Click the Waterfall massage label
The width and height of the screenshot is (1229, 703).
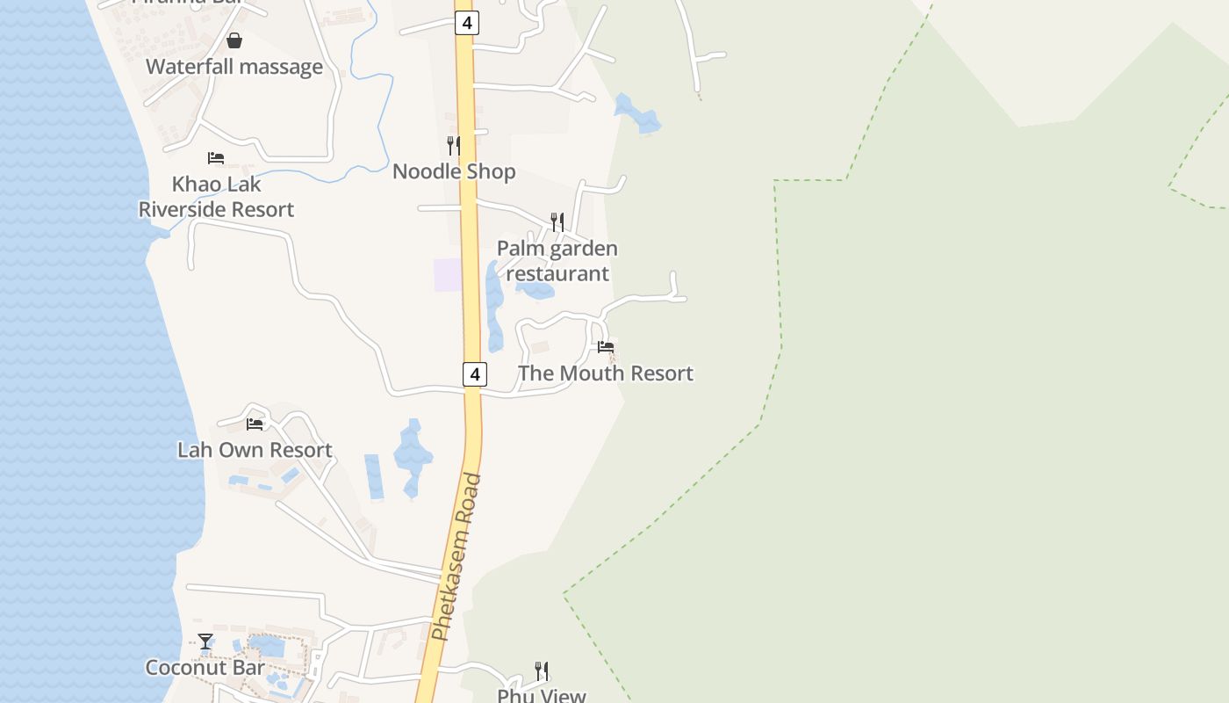click(234, 67)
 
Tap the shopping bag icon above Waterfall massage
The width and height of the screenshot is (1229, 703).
click(234, 40)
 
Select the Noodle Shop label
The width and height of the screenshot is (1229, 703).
click(453, 171)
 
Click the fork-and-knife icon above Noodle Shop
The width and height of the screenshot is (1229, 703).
click(453, 145)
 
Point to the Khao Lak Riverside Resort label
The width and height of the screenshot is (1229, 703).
click(216, 197)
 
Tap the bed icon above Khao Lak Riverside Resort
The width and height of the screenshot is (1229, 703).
click(216, 158)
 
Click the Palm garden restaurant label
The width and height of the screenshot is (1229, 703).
click(557, 261)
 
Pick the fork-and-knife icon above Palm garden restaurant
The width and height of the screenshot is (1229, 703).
click(557, 221)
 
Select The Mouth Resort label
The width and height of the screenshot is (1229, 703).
click(606, 373)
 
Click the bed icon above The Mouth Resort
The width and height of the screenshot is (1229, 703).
click(606, 347)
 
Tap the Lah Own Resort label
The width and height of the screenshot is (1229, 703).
click(255, 450)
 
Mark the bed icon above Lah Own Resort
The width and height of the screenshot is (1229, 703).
click(255, 424)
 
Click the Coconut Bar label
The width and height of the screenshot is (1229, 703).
click(205, 668)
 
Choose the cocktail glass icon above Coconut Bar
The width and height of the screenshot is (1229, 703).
click(205, 641)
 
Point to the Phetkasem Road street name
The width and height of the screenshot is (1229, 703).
click(457, 557)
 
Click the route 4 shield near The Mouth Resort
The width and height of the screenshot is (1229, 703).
click(474, 374)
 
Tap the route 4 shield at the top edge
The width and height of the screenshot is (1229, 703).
click(466, 23)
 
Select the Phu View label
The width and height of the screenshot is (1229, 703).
click(541, 695)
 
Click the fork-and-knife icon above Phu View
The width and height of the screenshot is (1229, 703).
click(542, 671)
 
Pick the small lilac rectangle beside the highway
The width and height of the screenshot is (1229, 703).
click(448, 275)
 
